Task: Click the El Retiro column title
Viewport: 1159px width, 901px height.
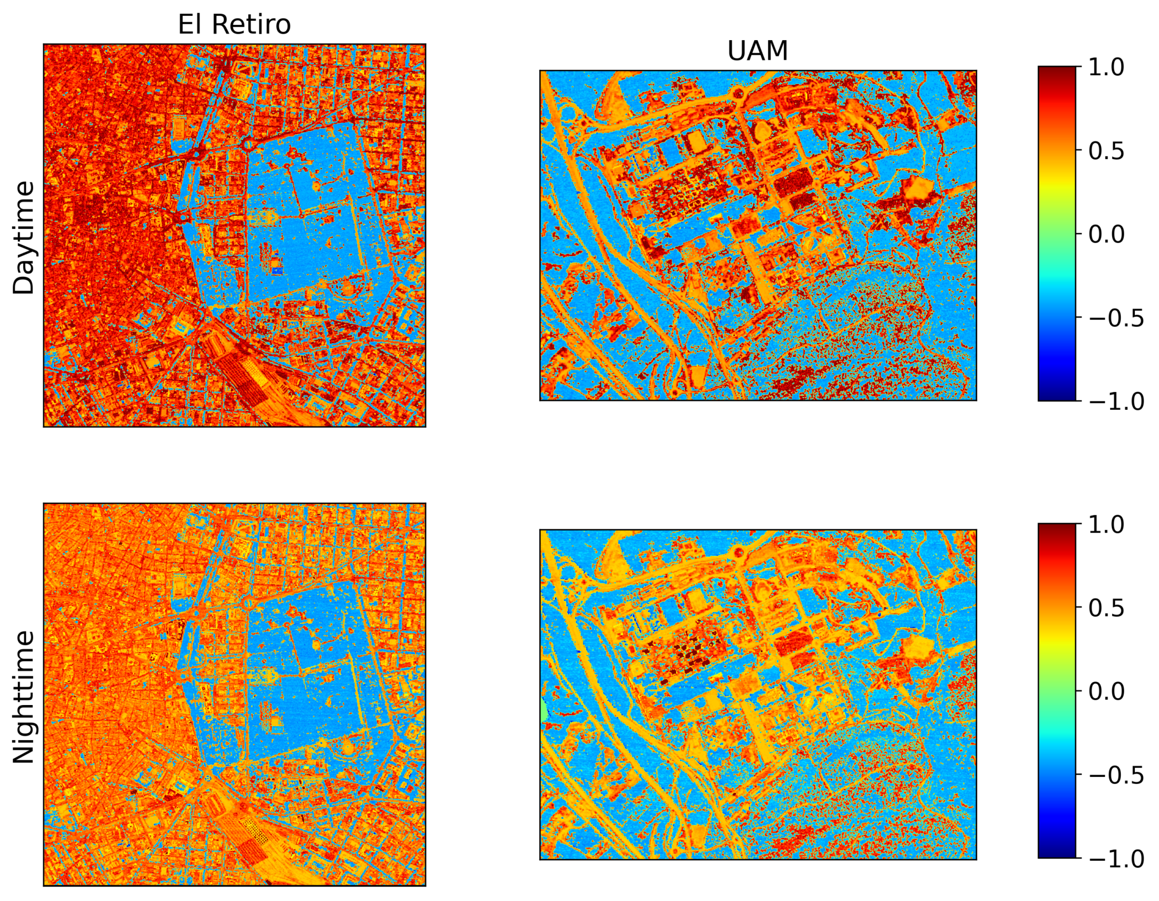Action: click(x=234, y=24)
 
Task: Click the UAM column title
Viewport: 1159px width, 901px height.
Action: click(x=757, y=51)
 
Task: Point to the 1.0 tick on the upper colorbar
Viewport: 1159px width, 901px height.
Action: click(x=1106, y=67)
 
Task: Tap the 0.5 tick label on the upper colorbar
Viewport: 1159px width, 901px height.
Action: click(x=1106, y=151)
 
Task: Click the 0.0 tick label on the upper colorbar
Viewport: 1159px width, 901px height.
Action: click(x=1106, y=234)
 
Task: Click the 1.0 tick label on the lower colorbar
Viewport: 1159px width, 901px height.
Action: click(x=1106, y=525)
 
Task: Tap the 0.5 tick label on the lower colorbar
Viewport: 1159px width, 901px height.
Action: click(x=1106, y=608)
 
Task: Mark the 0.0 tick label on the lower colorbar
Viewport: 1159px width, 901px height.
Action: click(x=1106, y=691)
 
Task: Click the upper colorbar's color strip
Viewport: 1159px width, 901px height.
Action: click(x=1057, y=234)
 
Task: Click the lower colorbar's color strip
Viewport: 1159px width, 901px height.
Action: click(x=1057, y=691)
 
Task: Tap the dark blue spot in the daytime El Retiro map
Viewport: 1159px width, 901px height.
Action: click(x=276, y=271)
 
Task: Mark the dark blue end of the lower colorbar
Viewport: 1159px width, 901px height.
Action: click(x=1057, y=852)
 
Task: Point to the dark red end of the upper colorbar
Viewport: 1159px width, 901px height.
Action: click(x=1057, y=72)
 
